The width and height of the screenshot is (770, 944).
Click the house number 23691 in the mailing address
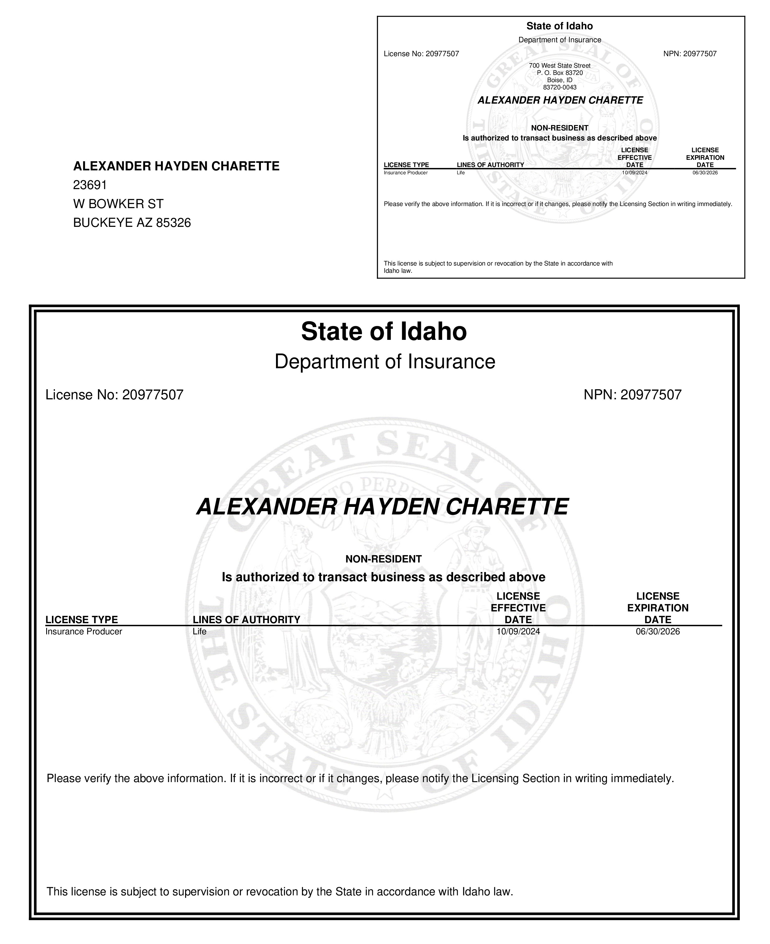[90, 185]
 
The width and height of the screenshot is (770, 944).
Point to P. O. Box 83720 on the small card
[560, 73]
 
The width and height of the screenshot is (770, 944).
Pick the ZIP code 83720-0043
[560, 87]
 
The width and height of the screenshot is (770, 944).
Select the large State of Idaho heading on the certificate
[384, 331]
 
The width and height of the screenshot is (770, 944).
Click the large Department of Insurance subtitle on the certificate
[385, 362]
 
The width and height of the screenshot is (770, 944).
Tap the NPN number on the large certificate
[651, 395]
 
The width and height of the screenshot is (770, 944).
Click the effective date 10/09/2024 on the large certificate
[518, 632]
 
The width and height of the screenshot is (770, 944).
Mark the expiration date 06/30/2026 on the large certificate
[657, 632]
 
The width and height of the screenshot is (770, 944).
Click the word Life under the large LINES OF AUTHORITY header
[200, 632]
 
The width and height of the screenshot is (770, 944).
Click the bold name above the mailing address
[176, 166]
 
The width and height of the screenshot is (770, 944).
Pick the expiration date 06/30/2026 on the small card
[705, 172]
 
